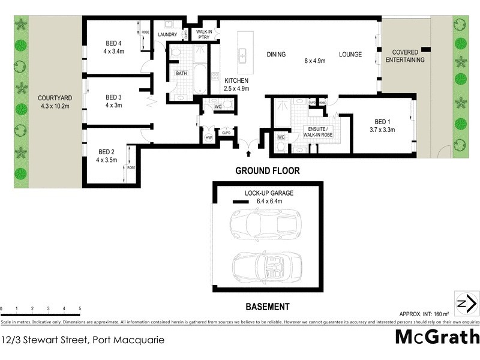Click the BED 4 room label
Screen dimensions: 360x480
tap(114, 43)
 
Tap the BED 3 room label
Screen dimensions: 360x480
tap(114, 97)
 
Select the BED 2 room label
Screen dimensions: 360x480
tap(106, 152)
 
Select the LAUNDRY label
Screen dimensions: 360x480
tap(167, 35)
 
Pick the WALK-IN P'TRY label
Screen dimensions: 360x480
tap(204, 35)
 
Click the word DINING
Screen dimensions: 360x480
tap(277, 55)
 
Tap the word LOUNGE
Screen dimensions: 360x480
tap(350, 55)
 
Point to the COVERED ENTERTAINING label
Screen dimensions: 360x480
tap(404, 56)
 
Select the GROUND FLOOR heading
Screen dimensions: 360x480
tap(267, 171)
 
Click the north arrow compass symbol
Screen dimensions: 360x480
tap(466, 303)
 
